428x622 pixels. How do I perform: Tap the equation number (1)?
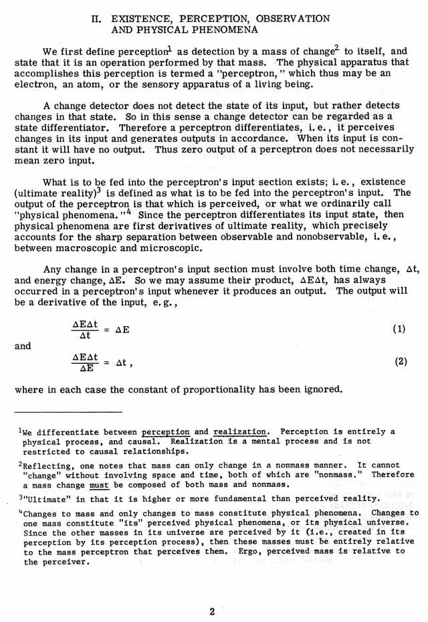point(399,330)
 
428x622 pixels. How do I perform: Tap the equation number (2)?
point(400,361)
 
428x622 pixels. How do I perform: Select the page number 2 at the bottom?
point(211,611)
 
